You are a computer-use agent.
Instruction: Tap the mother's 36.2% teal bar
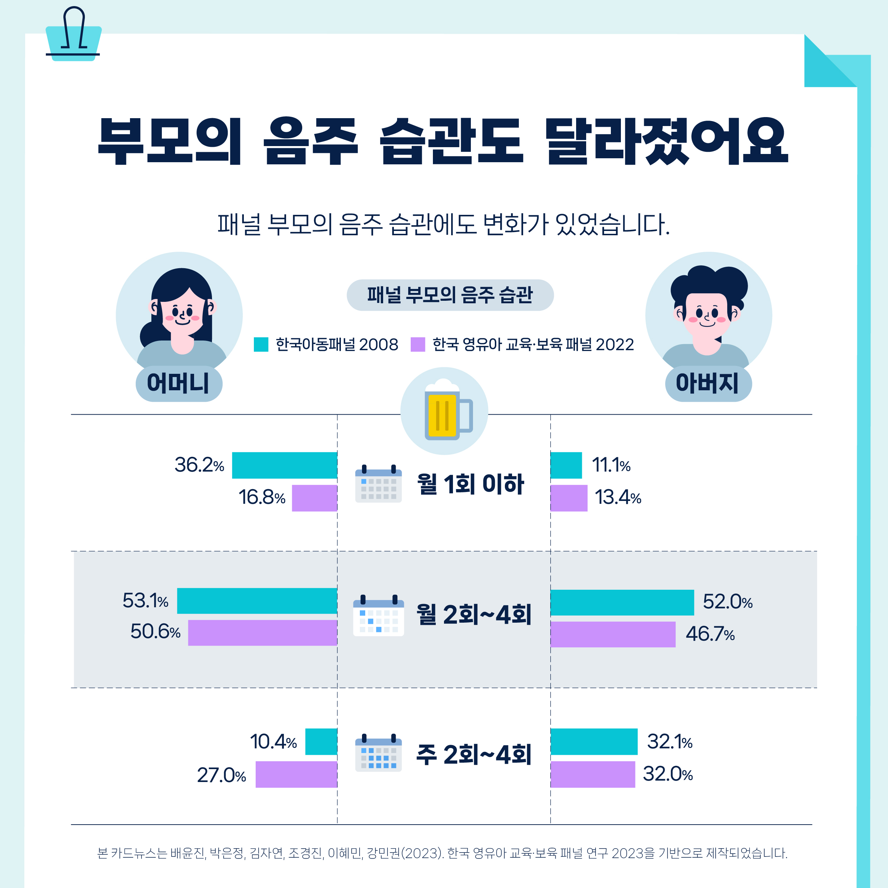click(x=285, y=465)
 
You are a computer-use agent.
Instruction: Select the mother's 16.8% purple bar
click(x=314, y=498)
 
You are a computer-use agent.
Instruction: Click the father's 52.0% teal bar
click(x=622, y=602)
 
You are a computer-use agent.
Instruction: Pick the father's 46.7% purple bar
click(x=613, y=634)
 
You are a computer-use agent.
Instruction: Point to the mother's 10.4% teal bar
click(x=321, y=742)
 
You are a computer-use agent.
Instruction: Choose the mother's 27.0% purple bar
click(x=296, y=774)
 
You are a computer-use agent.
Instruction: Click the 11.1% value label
click(x=610, y=465)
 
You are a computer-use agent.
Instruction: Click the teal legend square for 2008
click(x=261, y=344)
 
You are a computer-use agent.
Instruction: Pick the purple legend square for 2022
click(x=418, y=344)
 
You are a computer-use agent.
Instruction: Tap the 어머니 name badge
click(x=179, y=383)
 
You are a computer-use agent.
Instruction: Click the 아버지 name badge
click(x=708, y=383)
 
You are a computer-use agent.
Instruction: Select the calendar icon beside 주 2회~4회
click(x=378, y=753)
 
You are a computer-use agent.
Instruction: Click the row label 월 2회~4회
click(x=473, y=614)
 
